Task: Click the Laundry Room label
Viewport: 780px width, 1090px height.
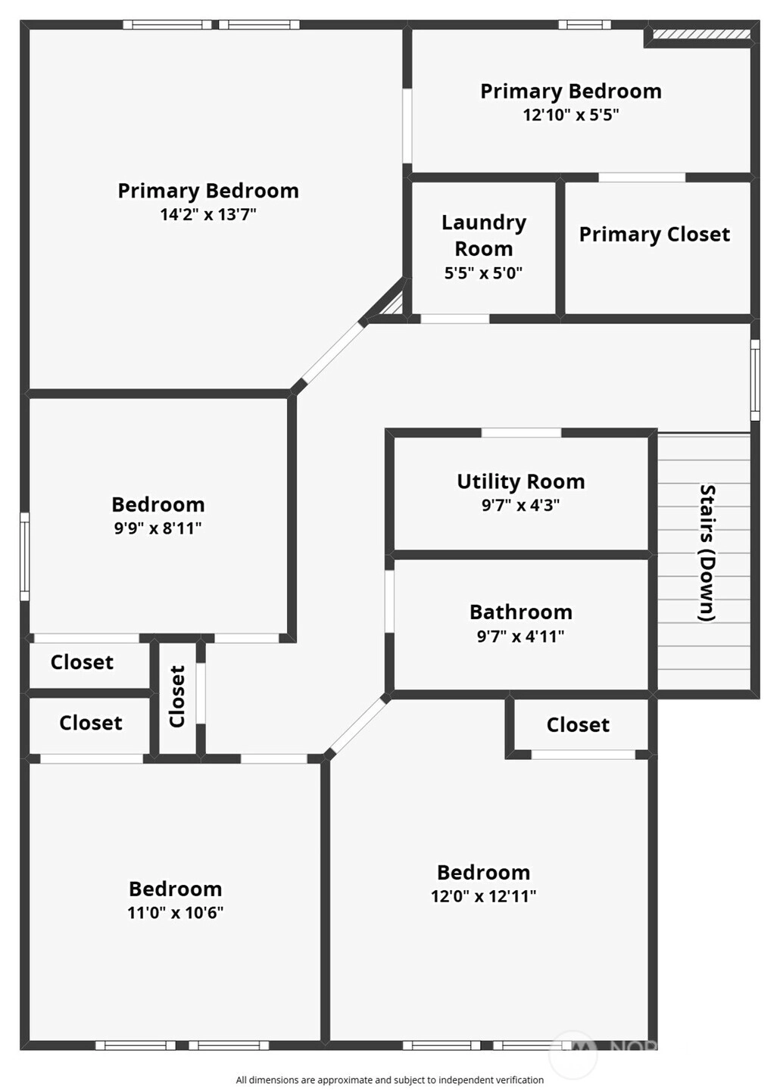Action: [x=483, y=235]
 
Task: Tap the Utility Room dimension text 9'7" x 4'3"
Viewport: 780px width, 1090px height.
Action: [x=520, y=506]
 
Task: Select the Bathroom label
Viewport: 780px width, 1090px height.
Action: [x=520, y=612]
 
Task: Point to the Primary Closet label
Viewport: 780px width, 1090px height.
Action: [x=654, y=235]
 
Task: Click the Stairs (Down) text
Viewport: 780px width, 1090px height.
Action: [x=707, y=553]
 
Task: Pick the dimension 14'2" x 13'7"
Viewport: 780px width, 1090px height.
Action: [x=208, y=214]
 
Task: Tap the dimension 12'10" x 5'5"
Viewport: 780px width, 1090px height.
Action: [x=571, y=115]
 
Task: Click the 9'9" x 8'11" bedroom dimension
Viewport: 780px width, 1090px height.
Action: [x=158, y=528]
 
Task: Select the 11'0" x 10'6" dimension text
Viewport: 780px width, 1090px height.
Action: [x=175, y=912]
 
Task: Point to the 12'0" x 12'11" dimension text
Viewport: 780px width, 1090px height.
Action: [x=483, y=896]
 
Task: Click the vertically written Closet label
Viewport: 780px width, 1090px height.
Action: [x=177, y=696]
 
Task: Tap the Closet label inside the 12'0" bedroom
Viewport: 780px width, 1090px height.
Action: [x=578, y=725]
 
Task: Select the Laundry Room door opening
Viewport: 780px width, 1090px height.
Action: [x=455, y=319]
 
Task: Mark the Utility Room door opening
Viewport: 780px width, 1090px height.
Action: [x=521, y=433]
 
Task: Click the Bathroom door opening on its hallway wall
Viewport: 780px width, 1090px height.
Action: [x=389, y=601]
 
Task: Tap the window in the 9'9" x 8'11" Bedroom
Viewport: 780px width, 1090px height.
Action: [x=24, y=556]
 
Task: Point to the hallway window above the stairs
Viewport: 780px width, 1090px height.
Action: [x=755, y=380]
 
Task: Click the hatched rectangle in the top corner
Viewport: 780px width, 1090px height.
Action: [x=701, y=34]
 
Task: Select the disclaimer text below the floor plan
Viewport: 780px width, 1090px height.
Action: [x=389, y=1079]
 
